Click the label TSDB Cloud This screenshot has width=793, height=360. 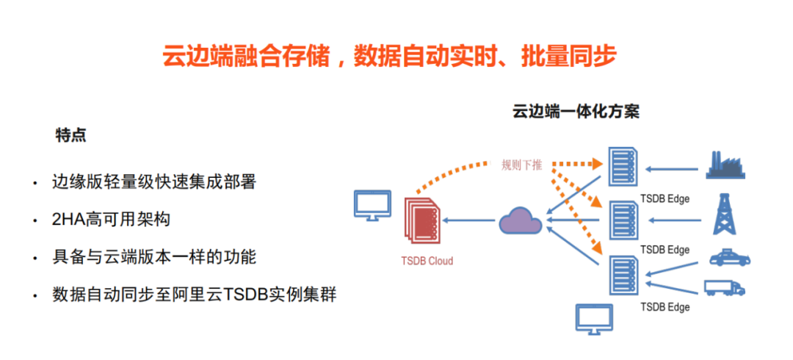(427, 261)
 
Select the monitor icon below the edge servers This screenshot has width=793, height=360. (595, 318)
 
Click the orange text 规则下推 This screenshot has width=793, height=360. (521, 165)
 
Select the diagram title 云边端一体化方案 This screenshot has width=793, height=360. (576, 112)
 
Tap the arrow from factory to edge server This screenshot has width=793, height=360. (673, 169)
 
